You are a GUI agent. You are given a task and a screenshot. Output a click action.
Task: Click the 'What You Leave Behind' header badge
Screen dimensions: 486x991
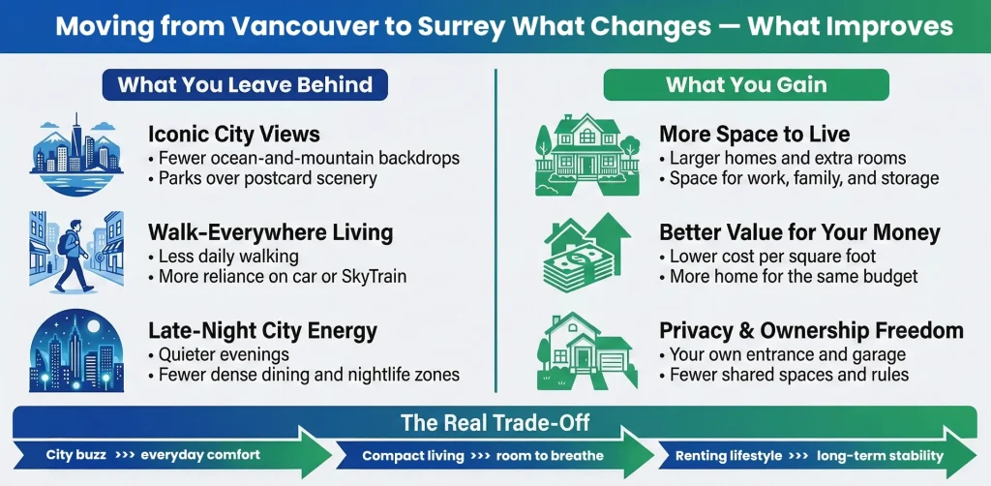245,84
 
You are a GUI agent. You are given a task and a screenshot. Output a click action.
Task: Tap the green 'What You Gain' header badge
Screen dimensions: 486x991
745,84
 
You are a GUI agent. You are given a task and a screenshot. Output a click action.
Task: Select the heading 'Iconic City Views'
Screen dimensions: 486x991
233,135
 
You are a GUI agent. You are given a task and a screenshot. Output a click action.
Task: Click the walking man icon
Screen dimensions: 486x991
76,251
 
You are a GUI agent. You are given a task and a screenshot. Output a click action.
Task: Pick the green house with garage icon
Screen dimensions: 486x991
583,349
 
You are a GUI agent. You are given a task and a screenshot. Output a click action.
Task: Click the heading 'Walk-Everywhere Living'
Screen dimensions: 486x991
270,232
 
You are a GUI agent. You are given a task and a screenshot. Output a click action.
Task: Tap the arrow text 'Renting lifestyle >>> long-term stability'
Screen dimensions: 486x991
809,455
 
